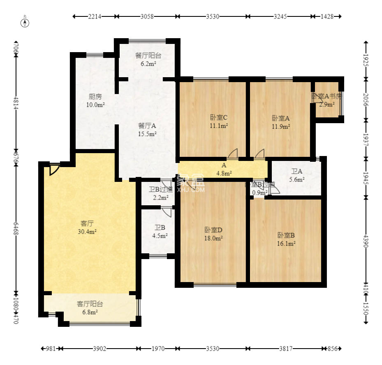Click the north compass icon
click(x=25, y=22)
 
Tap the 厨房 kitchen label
click(x=95, y=101)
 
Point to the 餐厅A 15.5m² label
click(x=147, y=129)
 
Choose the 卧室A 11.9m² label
click(x=281, y=122)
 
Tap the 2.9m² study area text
click(x=327, y=104)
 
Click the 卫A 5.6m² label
click(x=296, y=176)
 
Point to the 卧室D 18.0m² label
click(x=213, y=234)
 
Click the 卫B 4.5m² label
click(x=160, y=232)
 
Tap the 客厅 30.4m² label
click(x=87, y=227)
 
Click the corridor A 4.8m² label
click(x=224, y=169)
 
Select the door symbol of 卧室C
click(x=233, y=154)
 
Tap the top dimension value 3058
click(x=147, y=16)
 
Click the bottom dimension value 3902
click(x=100, y=349)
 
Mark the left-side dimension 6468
click(x=16, y=231)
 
